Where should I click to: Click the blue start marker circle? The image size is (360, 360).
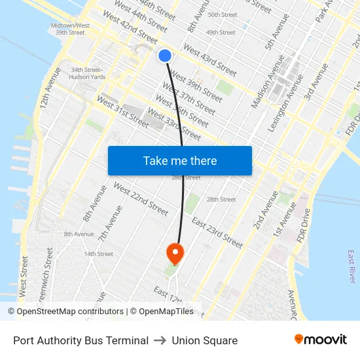(165, 56)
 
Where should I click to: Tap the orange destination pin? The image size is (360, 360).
(175, 253)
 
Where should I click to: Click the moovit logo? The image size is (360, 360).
(320, 340)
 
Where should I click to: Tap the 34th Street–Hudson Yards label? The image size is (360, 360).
(88, 73)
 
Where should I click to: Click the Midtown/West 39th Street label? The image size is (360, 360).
(70, 29)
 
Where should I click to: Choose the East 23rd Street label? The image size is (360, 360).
(218, 233)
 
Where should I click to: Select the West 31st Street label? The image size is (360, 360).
(122, 112)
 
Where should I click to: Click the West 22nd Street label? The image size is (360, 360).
(141, 199)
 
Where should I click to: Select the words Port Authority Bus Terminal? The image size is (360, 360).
(81, 340)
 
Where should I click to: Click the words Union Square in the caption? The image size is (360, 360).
(205, 340)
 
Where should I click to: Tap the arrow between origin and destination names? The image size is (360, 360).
(160, 340)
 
